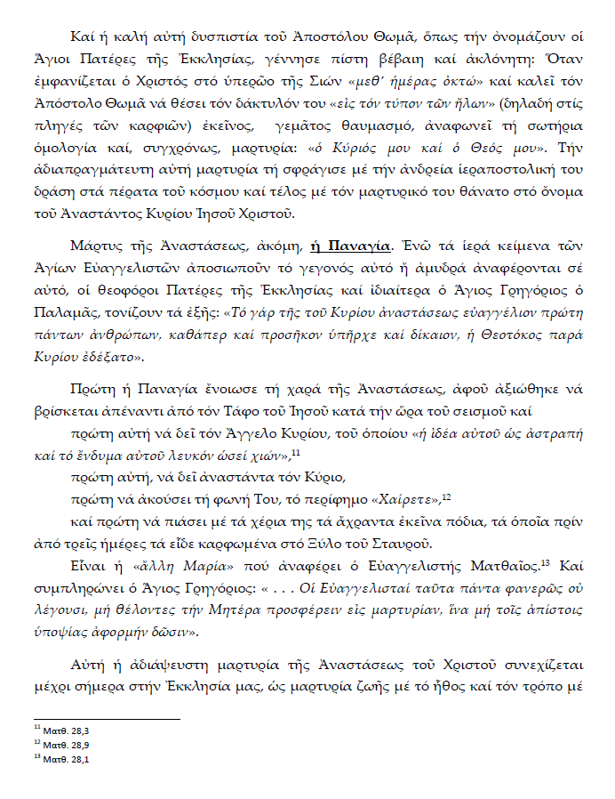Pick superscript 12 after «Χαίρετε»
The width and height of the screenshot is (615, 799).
click(x=447, y=496)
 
